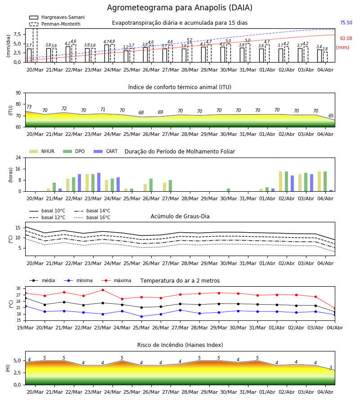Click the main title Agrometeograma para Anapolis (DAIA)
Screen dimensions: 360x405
180,8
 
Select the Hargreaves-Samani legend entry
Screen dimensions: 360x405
57,17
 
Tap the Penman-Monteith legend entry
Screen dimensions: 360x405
55,24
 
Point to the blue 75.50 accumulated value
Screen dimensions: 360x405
346,23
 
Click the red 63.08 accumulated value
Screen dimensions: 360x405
346,39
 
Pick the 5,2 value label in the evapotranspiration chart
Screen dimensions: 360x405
189,40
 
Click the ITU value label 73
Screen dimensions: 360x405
29,107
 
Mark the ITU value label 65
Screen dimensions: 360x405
331,116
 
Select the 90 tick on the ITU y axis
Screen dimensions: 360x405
18,93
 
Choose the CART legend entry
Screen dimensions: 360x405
106,151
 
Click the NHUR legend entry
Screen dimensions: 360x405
42,151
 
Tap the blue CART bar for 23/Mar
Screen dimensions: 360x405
99,182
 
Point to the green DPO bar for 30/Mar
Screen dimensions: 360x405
228,190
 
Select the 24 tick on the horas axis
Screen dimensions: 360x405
18,157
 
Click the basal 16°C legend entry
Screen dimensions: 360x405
92,217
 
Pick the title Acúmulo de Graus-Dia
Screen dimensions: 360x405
180,216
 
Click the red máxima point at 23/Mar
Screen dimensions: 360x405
103,290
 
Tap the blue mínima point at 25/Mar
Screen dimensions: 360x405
141,316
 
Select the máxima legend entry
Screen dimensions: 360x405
116,280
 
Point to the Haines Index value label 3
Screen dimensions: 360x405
331,368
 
